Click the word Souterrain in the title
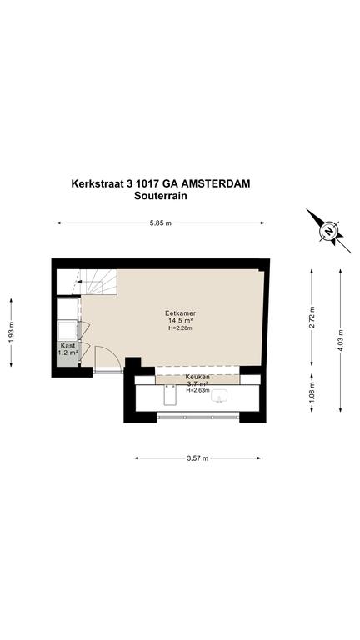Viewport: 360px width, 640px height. pyautogui.click(x=160, y=196)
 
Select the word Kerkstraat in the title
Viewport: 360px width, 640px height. pyautogui.click(x=97, y=183)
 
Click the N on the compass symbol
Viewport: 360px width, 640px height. pyautogui.click(x=328, y=232)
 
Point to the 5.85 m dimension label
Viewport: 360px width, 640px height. pyautogui.click(x=160, y=222)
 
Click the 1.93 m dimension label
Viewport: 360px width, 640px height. pyautogui.click(x=11, y=332)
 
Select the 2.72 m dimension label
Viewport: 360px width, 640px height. pyautogui.click(x=312, y=317)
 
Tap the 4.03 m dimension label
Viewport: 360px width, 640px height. pyautogui.click(x=341, y=340)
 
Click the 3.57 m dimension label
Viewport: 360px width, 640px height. pyautogui.click(x=197, y=458)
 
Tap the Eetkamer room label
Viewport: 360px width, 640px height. pyautogui.click(x=180, y=313)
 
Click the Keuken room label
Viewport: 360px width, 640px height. pyautogui.click(x=197, y=377)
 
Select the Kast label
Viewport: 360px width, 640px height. pyautogui.click(x=67, y=345)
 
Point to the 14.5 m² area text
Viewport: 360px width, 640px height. pyautogui.click(x=180, y=320)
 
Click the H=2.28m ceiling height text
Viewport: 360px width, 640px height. pyautogui.click(x=180, y=327)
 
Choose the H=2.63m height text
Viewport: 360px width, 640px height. pyautogui.click(x=198, y=390)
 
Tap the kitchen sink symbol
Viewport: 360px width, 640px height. pyautogui.click(x=220, y=396)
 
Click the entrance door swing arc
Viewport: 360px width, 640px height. pyautogui.click(x=117, y=353)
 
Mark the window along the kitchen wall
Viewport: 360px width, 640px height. pyautogui.click(x=198, y=417)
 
